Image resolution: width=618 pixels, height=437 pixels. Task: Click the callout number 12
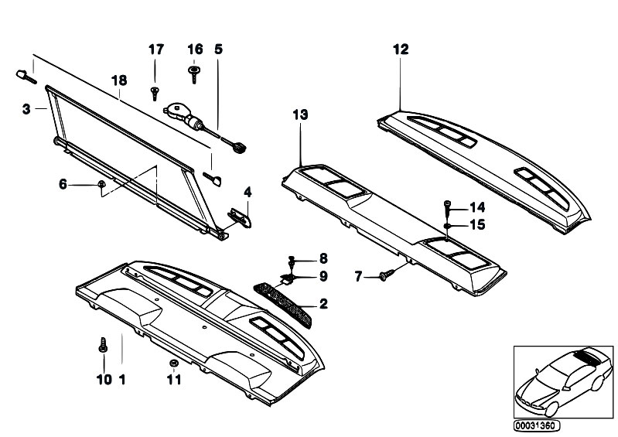(x=401, y=50)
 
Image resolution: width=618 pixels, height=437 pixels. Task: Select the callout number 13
(x=300, y=114)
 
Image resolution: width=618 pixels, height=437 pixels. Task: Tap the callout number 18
(x=119, y=80)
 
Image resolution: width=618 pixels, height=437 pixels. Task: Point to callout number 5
(x=218, y=50)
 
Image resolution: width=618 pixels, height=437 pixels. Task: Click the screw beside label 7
(x=387, y=274)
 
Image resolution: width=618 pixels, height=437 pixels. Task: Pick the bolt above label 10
(x=103, y=345)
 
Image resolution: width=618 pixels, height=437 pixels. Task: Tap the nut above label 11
(x=172, y=363)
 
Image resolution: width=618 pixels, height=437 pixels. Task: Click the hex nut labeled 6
(x=101, y=184)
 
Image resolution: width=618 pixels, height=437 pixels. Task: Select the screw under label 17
(x=155, y=94)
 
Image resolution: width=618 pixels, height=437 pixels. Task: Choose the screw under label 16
(x=193, y=74)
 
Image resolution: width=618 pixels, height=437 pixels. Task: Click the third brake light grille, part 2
(x=282, y=305)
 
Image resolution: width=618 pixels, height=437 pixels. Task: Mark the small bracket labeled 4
(x=239, y=217)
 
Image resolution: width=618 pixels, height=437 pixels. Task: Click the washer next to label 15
(x=447, y=226)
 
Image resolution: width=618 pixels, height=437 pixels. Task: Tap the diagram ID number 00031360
(x=536, y=425)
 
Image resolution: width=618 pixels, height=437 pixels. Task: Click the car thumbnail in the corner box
(x=564, y=381)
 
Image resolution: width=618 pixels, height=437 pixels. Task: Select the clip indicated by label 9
(x=287, y=279)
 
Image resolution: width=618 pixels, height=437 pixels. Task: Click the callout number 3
(x=26, y=109)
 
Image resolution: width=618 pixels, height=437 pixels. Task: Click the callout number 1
(x=122, y=380)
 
